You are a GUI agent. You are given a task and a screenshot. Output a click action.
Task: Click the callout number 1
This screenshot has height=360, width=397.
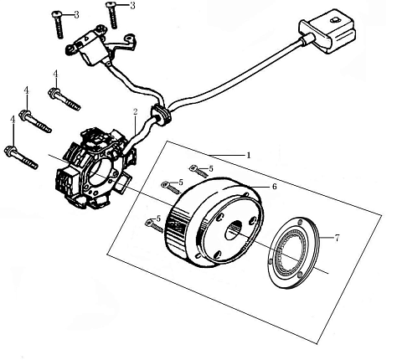[249, 155]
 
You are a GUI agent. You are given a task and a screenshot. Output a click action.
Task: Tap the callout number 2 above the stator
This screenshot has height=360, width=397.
[135, 112]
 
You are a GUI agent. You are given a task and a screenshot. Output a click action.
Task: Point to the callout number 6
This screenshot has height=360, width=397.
[274, 186]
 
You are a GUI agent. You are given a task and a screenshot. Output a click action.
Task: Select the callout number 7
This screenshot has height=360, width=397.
[337, 238]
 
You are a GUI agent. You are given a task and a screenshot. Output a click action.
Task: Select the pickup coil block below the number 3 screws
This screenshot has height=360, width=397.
[89, 48]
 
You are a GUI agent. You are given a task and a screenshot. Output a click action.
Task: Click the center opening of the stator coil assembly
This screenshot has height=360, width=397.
[101, 174]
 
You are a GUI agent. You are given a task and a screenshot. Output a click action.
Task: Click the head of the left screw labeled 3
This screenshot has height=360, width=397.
[57, 13]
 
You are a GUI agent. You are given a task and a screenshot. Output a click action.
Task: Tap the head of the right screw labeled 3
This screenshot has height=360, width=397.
[111, 4]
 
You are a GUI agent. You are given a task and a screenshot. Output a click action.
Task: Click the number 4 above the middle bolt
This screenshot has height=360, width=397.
[27, 90]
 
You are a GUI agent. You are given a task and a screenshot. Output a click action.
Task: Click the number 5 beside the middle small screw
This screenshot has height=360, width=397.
[181, 183]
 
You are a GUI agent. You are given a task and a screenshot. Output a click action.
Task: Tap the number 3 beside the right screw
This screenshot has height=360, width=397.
[132, 5]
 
